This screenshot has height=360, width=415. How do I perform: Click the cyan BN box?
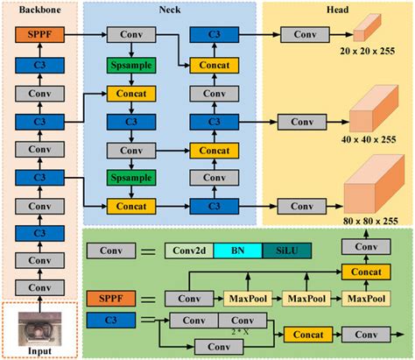tap(239, 251)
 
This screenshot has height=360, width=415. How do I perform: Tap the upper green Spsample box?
tap(130, 65)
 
